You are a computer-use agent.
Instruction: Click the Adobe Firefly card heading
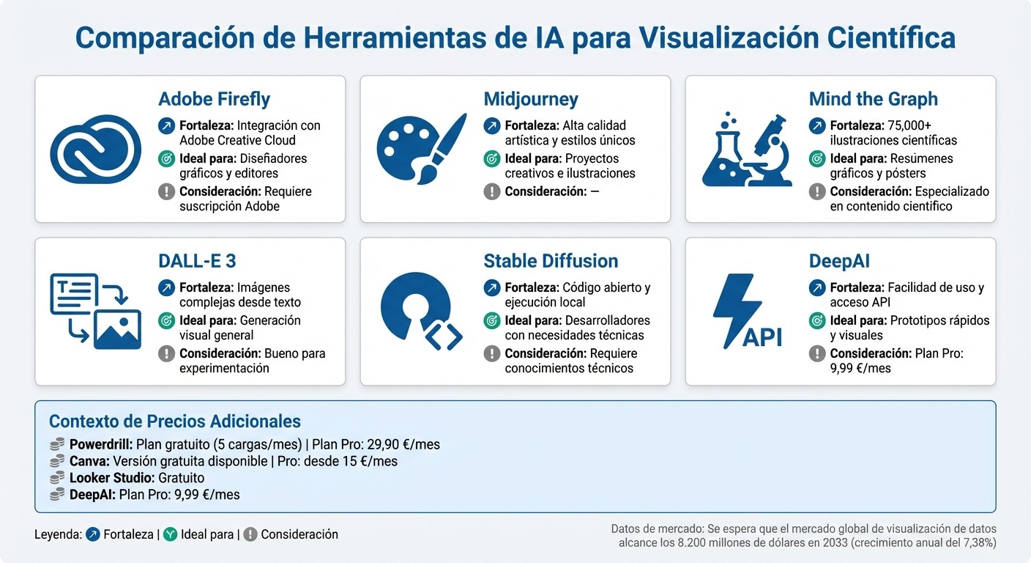click(214, 99)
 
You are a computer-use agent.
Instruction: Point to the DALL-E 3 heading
click(197, 261)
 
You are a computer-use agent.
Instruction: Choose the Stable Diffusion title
click(551, 261)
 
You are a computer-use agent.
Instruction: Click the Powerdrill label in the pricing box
click(101, 444)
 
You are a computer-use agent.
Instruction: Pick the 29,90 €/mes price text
click(396, 444)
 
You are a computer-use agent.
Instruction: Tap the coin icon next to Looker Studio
click(57, 478)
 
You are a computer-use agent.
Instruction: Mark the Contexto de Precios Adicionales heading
click(174, 422)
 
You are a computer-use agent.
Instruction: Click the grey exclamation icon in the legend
click(250, 534)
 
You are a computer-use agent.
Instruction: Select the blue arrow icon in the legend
click(93, 534)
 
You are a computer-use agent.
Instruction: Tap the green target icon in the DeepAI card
click(817, 320)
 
